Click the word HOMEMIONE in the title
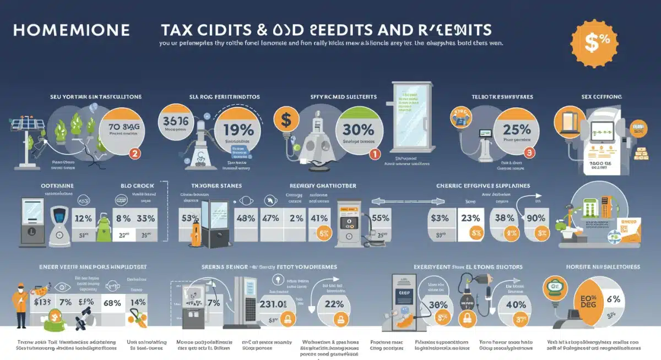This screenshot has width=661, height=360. [71, 30]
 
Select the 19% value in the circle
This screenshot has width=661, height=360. [239, 130]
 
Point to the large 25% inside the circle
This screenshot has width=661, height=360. [516, 130]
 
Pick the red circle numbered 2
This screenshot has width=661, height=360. [134, 154]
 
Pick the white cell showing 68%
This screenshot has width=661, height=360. [112, 303]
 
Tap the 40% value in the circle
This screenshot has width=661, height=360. [516, 304]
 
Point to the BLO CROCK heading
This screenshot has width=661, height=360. [136, 186]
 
